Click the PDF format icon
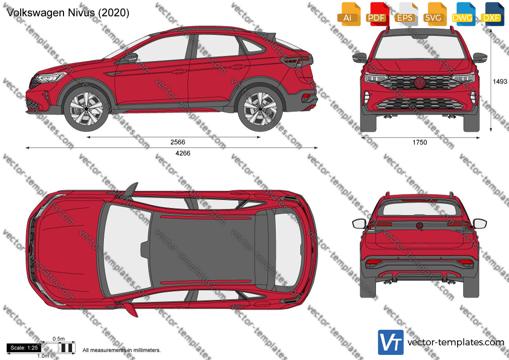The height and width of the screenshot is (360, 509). click(377, 14)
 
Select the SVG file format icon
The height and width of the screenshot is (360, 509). click(434, 14)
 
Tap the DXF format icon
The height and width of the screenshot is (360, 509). click(492, 14)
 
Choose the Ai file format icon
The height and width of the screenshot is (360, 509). click(348, 14)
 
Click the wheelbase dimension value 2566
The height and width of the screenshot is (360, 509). click(177, 142)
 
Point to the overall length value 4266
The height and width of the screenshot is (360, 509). click(183, 153)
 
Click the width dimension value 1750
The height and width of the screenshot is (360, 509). click(420, 142)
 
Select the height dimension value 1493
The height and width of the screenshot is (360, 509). click(500, 82)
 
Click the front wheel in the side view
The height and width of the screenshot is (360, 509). click(86, 108)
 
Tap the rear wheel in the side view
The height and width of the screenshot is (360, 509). click(260, 108)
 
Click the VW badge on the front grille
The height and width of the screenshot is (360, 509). click(420, 83)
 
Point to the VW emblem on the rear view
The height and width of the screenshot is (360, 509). click(419, 225)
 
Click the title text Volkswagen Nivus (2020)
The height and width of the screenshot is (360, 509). click(68, 13)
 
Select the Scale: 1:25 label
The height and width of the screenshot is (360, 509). click(24, 348)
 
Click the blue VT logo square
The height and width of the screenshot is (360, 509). click(391, 342)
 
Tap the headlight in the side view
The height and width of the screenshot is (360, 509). click(50, 77)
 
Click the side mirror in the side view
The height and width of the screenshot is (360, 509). click(131, 58)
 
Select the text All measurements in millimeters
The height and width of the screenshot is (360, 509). click(122, 350)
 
